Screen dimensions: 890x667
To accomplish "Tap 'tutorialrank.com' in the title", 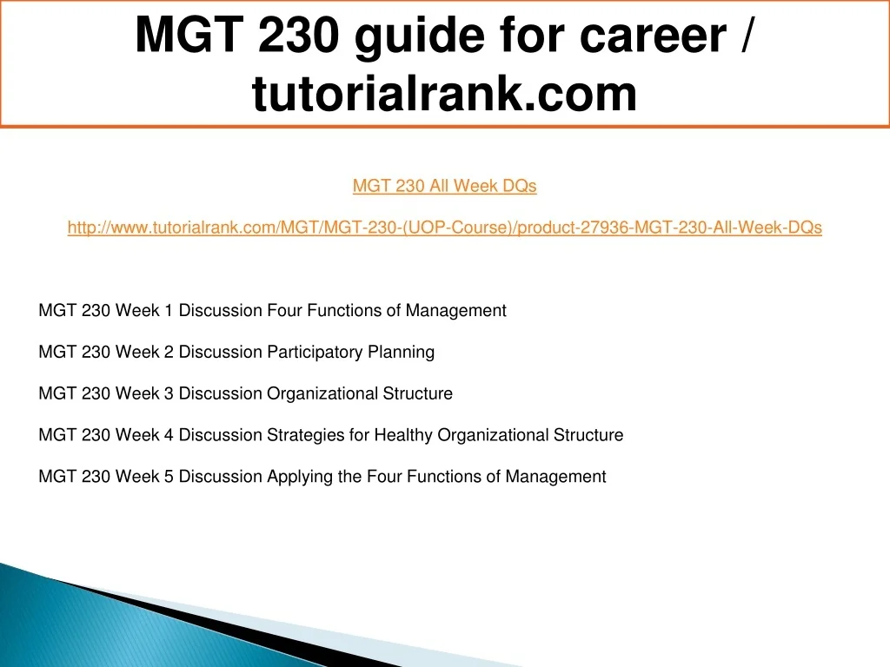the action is tap(444, 93).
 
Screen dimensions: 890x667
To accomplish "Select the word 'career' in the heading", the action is tap(653, 35).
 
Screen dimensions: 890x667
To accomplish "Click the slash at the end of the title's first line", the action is tap(747, 34).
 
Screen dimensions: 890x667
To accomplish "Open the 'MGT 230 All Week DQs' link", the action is tap(444, 186).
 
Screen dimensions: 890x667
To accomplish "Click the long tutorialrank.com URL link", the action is tap(444, 228).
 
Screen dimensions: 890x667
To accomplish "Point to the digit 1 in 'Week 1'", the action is tap(168, 310).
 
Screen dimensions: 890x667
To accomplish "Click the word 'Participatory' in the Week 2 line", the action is tap(315, 353).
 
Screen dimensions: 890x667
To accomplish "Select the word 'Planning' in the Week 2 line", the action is tap(402, 353).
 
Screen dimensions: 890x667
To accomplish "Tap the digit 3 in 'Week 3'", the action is tap(168, 393).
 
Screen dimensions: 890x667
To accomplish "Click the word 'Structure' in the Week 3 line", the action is tap(418, 393).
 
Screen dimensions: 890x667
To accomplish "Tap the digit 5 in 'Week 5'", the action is tap(168, 476).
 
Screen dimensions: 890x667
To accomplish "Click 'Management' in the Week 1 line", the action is tap(455, 311).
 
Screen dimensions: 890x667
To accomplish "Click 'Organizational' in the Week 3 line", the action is tap(322, 393).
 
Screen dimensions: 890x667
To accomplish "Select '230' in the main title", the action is tap(299, 35).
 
